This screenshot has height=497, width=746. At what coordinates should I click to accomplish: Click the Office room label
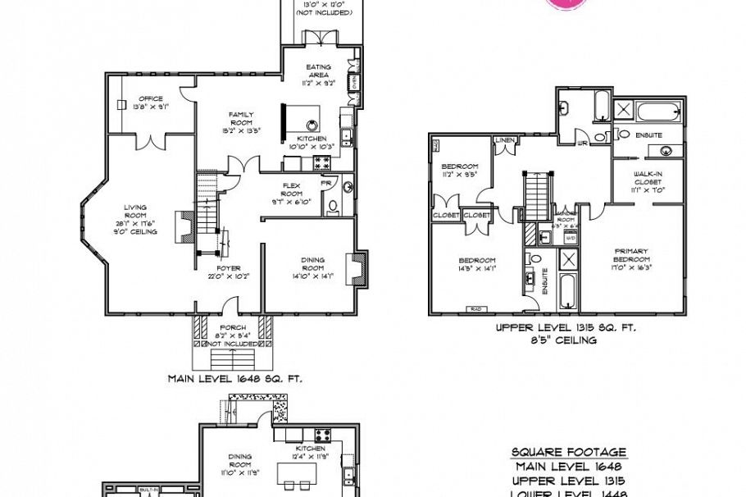click(x=151, y=103)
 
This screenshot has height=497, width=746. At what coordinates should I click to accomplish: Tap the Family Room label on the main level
click(x=241, y=121)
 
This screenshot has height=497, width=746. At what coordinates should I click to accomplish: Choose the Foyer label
click(x=229, y=272)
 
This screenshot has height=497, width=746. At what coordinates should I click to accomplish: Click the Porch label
click(x=228, y=331)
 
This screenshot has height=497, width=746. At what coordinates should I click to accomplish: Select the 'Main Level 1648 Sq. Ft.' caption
click(x=235, y=379)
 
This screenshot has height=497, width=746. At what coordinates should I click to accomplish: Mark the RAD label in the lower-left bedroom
click(x=475, y=308)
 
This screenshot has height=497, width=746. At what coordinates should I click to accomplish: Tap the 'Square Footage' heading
click(x=568, y=452)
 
